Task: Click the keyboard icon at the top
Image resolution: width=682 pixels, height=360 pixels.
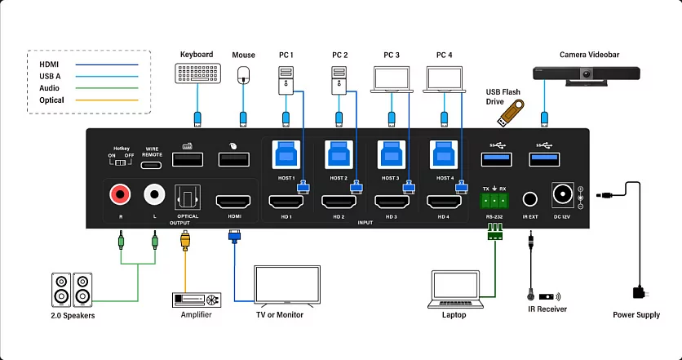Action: point(196,74)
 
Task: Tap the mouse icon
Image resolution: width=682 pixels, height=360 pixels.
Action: point(243,75)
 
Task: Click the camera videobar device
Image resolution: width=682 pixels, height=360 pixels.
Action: point(587,76)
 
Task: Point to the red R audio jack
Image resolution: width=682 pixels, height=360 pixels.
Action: point(120,194)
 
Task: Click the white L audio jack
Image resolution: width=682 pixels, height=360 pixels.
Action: point(154,194)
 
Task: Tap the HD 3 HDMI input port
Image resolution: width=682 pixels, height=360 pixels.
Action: point(391,201)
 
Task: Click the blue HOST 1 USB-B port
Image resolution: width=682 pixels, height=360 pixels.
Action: point(285,154)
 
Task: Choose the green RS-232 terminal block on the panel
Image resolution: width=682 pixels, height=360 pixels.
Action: point(494,201)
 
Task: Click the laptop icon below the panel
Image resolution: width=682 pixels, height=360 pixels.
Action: point(455,288)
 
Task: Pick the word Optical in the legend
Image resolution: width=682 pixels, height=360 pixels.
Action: point(51,100)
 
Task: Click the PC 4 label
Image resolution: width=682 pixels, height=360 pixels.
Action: point(444,55)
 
